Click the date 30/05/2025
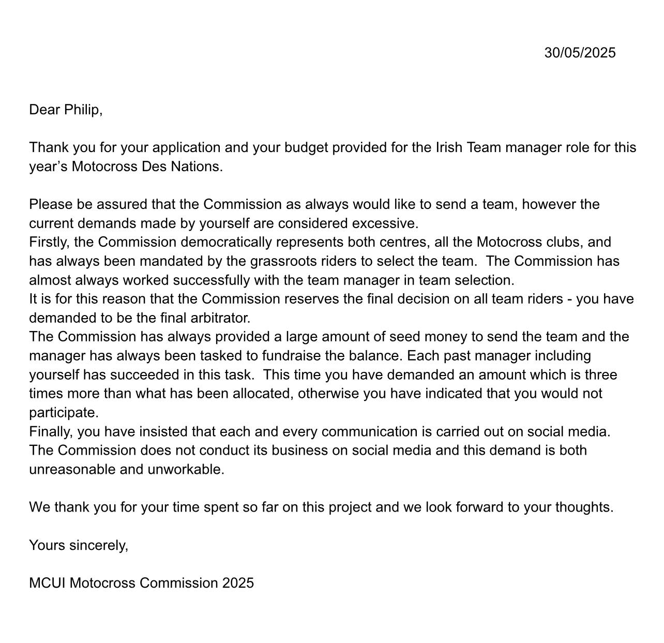(x=580, y=53)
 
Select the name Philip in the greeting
(x=83, y=110)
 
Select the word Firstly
(x=49, y=242)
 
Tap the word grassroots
(x=283, y=261)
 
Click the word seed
(x=404, y=337)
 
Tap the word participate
(x=64, y=413)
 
